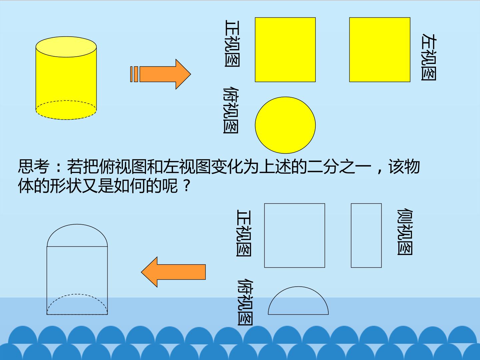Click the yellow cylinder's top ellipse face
[x=66, y=47]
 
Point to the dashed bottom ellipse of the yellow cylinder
[x=66, y=119]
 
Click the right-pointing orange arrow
[x=161, y=74]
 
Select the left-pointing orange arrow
[x=173, y=272]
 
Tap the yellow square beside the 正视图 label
[x=285, y=50]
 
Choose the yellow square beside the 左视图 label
[x=380, y=50]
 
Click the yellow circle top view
[x=285, y=125]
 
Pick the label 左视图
[x=429, y=57]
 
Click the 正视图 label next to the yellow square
[x=232, y=43]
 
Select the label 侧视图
[x=405, y=232]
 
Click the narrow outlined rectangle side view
[x=366, y=235]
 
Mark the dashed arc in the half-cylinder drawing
[x=77, y=294]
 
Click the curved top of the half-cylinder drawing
[x=77, y=224]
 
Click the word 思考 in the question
[x=34, y=167]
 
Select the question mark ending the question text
[x=187, y=186]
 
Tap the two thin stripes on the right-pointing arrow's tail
[x=134, y=74]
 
